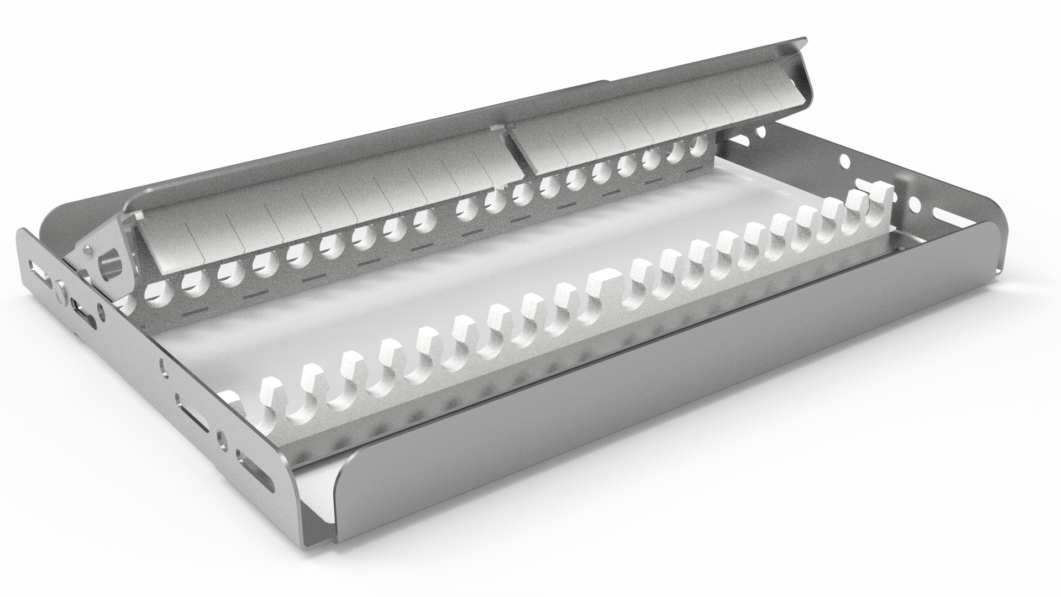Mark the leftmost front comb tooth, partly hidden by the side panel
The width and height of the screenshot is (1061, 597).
pyautogui.click(x=231, y=399)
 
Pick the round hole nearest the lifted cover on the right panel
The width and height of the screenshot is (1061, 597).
pyautogui.click(x=762, y=132)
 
